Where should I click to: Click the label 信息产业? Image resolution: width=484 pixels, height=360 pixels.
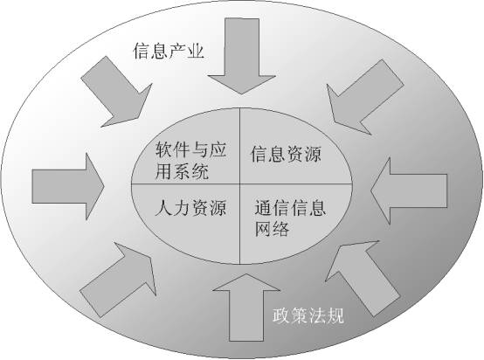169,51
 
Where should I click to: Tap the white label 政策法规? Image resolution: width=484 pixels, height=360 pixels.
308,315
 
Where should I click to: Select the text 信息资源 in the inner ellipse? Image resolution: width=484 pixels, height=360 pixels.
286,155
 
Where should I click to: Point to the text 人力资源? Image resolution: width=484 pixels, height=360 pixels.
190,207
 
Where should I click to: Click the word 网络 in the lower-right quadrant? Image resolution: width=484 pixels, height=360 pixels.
273,229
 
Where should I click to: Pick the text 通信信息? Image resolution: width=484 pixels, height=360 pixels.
290,207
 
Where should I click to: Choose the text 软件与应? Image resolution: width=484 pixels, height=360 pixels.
190,149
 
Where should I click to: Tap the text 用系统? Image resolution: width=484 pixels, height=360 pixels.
182,171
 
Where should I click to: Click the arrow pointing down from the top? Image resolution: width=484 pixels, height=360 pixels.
242,56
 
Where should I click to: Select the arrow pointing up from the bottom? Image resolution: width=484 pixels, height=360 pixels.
246,308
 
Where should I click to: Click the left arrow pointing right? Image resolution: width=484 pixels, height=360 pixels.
68,186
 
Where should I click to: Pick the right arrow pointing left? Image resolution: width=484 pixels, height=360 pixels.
409,190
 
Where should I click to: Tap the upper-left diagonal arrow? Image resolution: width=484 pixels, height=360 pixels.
117,92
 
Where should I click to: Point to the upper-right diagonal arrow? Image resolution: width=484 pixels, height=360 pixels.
365,97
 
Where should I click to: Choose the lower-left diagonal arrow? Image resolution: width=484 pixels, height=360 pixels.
118,280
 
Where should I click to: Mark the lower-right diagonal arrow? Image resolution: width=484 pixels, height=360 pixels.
363,279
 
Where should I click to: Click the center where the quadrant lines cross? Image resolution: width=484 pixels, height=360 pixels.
240,184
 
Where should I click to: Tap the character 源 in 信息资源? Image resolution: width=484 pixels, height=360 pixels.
313,155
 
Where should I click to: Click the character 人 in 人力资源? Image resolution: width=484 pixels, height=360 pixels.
163,207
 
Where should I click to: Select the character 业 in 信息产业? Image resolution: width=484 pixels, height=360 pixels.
196,51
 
